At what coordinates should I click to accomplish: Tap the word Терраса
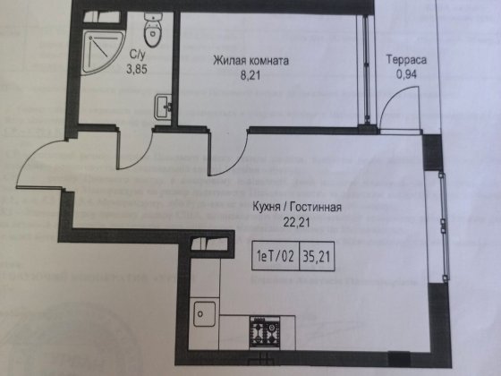[x=406, y=61]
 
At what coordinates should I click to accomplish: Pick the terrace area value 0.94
[x=406, y=76]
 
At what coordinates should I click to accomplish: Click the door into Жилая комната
[x=222, y=154]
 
